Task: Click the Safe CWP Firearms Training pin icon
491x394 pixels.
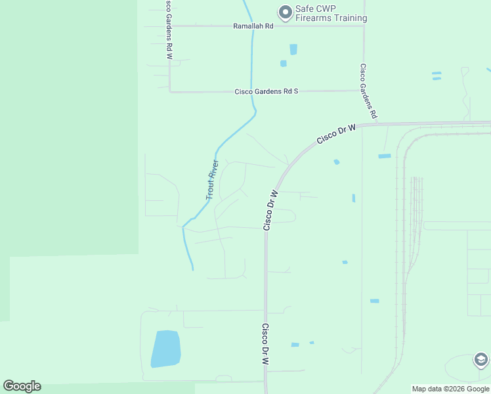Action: click(x=285, y=12)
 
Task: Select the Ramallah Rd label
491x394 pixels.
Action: click(x=253, y=26)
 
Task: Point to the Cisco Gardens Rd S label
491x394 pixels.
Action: click(x=266, y=91)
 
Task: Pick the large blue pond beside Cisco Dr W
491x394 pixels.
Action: click(x=165, y=348)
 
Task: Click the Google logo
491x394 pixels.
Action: click(x=22, y=386)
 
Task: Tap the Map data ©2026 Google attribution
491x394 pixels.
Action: click(x=451, y=389)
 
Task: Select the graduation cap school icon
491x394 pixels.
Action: click(x=480, y=360)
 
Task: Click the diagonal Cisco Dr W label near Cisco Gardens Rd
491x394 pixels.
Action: click(x=335, y=135)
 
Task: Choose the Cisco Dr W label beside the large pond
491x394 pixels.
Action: click(x=266, y=344)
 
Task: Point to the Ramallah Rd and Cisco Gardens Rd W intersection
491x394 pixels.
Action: click(x=169, y=26)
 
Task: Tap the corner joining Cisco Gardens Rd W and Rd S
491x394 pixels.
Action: click(x=170, y=91)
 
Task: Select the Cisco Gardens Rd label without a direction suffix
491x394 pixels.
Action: click(x=368, y=91)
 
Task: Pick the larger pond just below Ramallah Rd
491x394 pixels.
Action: click(x=293, y=49)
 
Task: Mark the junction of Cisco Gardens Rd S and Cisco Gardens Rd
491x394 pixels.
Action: click(x=363, y=91)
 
